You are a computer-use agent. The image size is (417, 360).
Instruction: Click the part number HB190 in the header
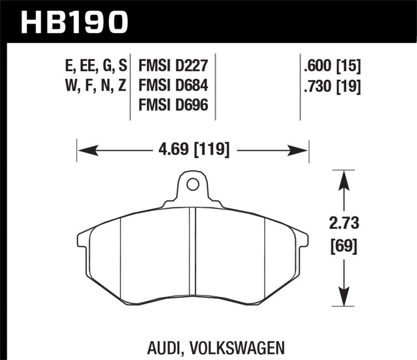click(73, 21)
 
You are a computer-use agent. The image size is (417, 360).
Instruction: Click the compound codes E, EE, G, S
click(93, 66)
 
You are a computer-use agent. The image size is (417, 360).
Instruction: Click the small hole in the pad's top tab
click(192, 184)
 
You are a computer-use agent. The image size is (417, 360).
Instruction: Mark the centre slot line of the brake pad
click(192, 250)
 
